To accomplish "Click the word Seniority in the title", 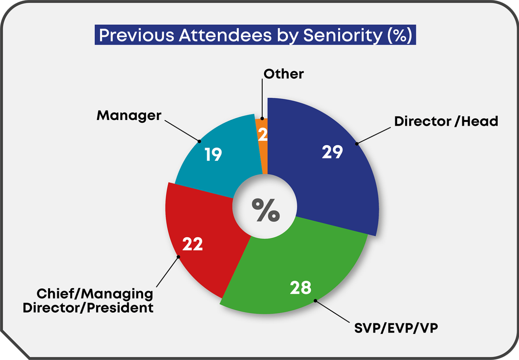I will (342, 35).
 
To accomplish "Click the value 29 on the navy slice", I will (332, 152).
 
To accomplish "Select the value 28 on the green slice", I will (301, 288).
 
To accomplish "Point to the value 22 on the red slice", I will (192, 244).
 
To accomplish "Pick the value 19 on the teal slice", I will (213, 155).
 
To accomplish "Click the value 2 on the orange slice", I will (263, 135).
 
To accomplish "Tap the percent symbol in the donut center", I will (266, 210).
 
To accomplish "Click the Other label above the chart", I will (283, 74).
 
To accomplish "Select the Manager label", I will (129, 115).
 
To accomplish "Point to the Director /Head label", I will (446, 121).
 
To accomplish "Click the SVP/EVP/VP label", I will (396, 328).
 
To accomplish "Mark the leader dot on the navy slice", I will (357, 143).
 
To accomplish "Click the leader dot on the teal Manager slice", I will (199, 141).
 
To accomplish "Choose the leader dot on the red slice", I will (178, 257).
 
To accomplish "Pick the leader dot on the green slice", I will (315, 301).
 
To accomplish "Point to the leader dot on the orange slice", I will (262, 119).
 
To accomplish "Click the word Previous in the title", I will (136, 35).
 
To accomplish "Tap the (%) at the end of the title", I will (400, 35).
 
